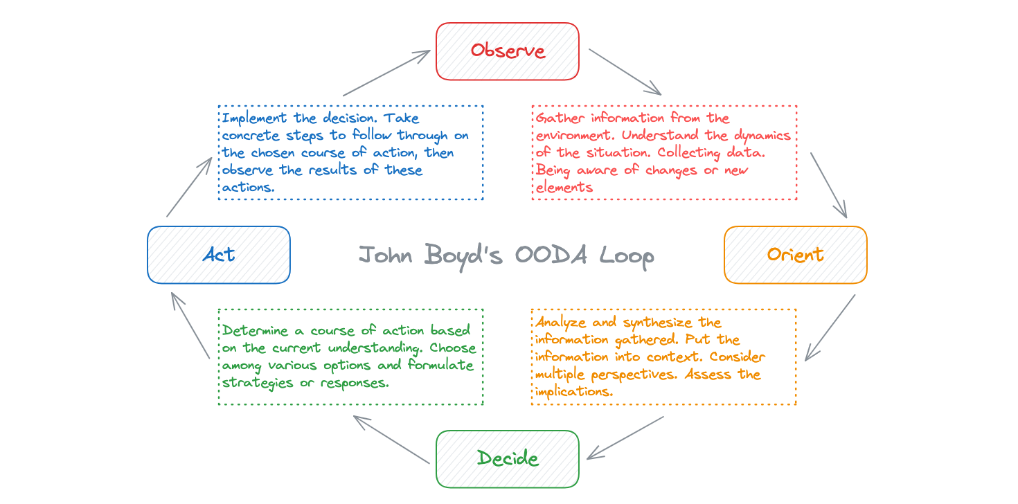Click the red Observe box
pos(508,51)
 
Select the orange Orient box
pos(795,255)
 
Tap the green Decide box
pos(508,459)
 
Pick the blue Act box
pos(219,255)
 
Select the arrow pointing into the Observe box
pos(387,73)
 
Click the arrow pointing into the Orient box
pos(829,186)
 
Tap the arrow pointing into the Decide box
pos(625,438)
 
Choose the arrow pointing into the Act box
pos(190,325)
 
